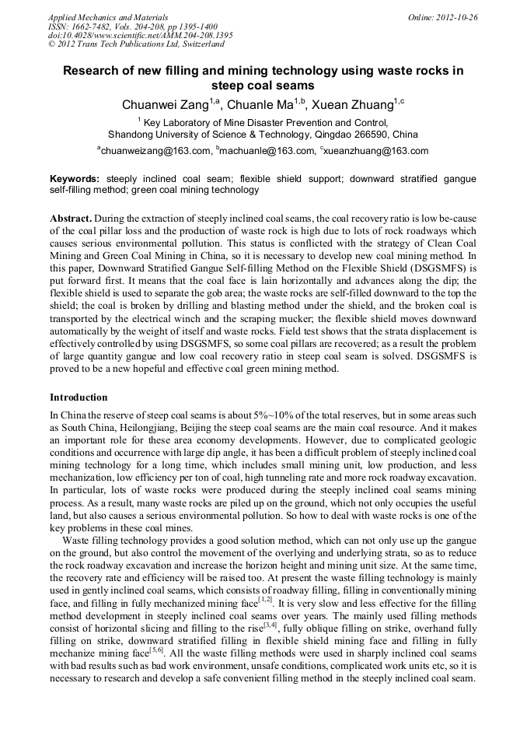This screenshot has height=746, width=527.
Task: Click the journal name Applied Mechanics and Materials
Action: pyautogui.click(x=107, y=17)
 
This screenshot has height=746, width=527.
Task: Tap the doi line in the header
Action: pyautogui.click(x=140, y=36)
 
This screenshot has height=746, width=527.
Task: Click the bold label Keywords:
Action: pyautogui.click(x=75, y=179)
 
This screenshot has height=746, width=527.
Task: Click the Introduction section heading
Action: pyautogui.click(x=79, y=398)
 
